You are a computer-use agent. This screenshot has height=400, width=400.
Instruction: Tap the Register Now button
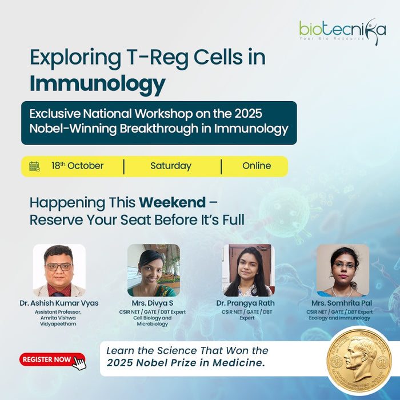coord(47,360)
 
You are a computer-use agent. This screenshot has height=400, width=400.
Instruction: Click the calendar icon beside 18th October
coord(34,166)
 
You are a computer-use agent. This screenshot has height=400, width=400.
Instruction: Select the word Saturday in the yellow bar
coord(171,166)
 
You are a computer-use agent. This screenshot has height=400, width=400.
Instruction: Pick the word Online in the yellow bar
coord(257,166)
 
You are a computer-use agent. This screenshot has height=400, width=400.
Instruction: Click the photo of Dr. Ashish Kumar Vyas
coord(59,270)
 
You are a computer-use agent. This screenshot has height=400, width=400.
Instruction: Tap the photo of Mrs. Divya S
coord(153,270)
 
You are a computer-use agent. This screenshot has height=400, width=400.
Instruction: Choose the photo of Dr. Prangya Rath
coord(248,270)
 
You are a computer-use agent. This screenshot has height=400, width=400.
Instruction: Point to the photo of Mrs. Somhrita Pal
coord(342,270)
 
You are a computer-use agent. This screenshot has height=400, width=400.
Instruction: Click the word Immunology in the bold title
coord(97,83)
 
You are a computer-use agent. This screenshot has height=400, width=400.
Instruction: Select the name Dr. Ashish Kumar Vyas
coord(59,303)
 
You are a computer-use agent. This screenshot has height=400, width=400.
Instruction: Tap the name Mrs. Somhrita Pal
coord(343,303)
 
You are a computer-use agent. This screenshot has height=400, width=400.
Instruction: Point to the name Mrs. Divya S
coord(153,303)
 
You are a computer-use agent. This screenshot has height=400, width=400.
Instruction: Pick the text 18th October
coord(77,166)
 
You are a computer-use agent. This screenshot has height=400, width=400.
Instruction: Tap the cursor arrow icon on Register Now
coord(79,363)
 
